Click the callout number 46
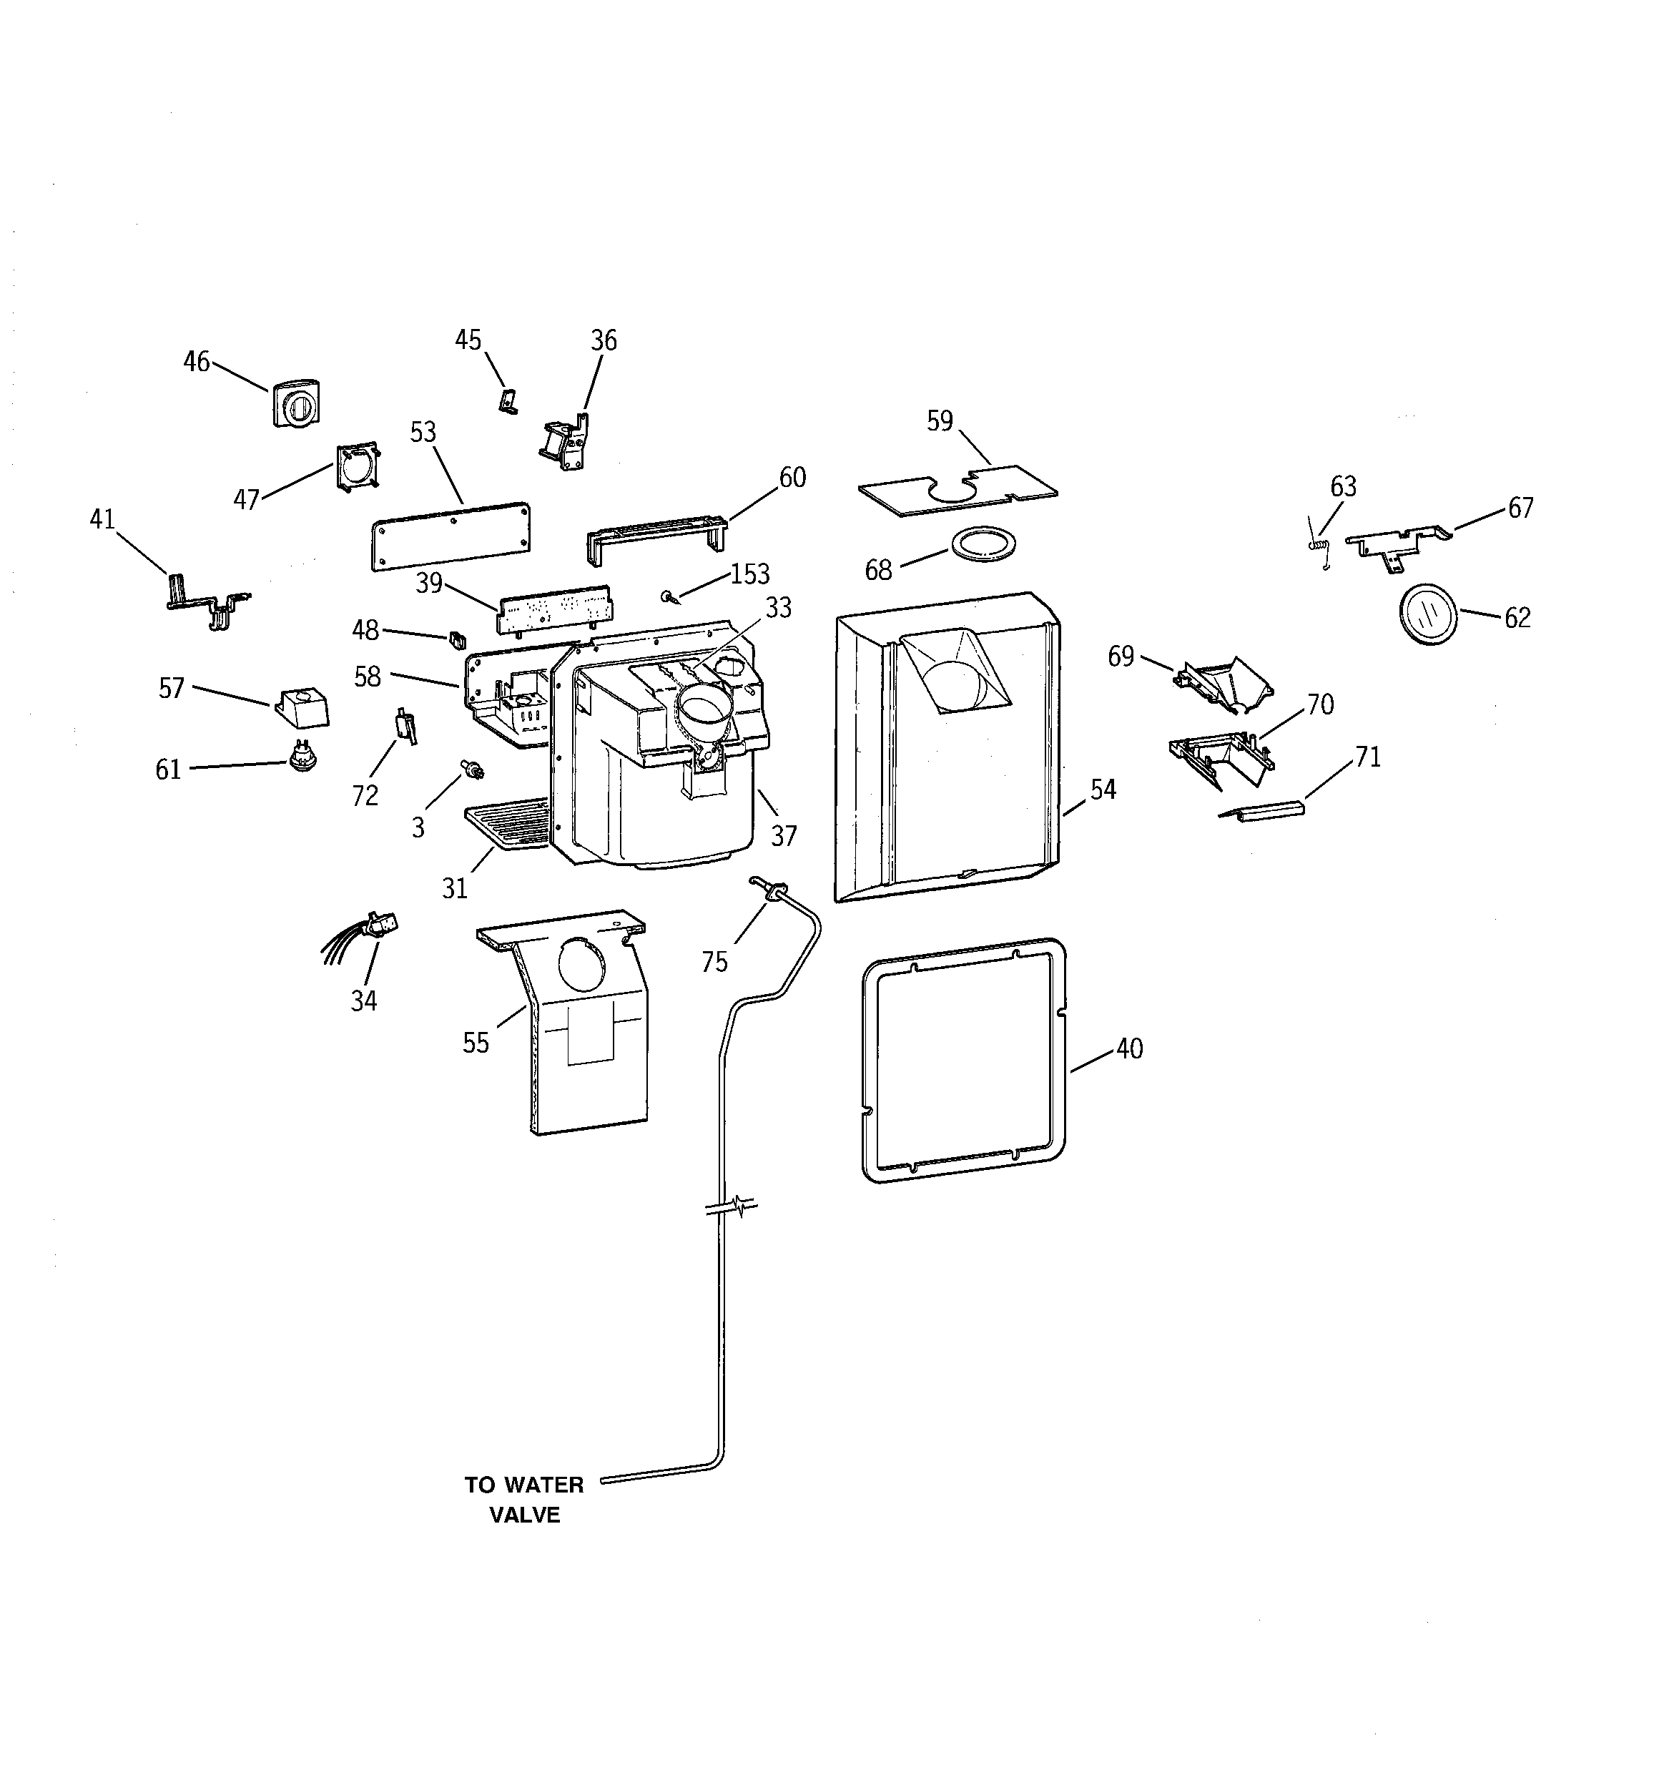point(196,361)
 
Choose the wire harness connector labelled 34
point(378,926)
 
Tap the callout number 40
point(1129,1049)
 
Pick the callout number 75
point(714,963)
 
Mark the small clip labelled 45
point(507,401)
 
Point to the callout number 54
point(1103,789)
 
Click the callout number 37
point(784,835)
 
